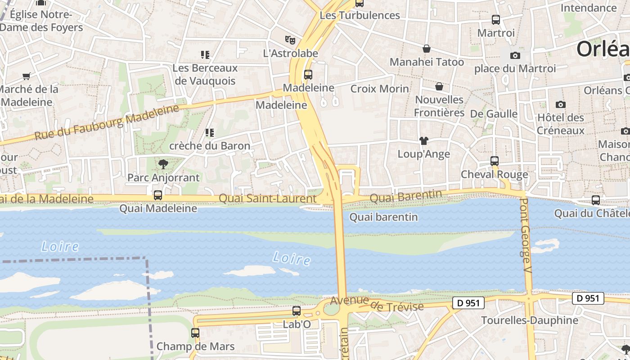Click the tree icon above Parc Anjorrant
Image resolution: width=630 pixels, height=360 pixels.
coord(163,164)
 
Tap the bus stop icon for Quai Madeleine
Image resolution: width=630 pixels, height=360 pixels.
coord(158,195)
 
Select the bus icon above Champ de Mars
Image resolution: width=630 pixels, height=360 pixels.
coord(195,333)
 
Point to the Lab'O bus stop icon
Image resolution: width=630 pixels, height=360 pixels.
coord(297,311)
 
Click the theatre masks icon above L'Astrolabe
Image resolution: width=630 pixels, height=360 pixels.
coord(290,40)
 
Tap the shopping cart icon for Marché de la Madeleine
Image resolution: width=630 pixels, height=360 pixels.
coord(27,76)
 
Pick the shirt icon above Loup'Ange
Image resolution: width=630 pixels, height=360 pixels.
coord(423,141)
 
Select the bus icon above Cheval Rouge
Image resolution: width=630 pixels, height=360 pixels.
coord(495,161)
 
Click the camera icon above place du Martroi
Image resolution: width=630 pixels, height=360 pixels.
coord(515,56)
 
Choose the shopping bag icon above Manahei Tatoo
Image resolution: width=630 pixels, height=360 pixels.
coord(426,49)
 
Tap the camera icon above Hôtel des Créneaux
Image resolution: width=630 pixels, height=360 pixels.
coord(560,105)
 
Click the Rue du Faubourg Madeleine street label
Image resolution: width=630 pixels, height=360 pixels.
coord(107,122)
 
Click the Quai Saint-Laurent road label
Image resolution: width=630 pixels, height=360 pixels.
coord(267,198)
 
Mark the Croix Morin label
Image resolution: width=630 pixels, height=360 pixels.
coord(380,89)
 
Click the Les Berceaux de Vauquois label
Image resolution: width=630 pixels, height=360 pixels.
coord(205,75)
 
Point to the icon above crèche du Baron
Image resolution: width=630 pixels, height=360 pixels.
coord(209,133)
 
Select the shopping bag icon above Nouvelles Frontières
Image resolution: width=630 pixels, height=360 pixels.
coord(439,86)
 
